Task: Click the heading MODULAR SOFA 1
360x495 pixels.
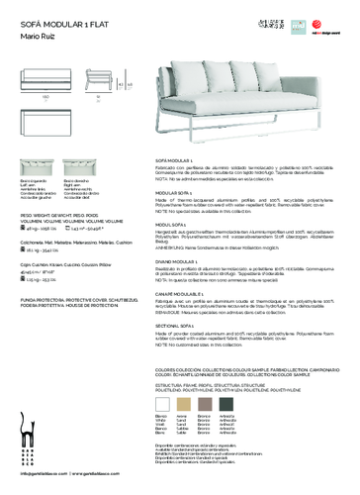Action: click(x=180, y=195)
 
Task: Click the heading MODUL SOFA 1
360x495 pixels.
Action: click(x=177, y=224)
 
